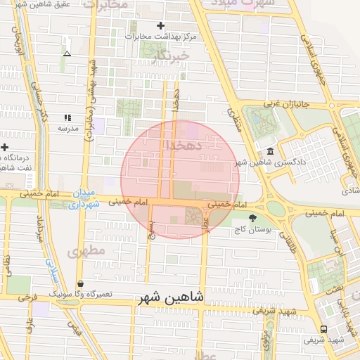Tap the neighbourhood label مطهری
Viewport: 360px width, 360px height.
(x=86, y=250)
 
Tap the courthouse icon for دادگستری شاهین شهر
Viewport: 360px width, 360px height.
(x=271, y=152)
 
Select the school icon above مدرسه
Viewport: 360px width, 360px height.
(x=67, y=117)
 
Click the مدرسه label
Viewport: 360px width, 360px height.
(x=67, y=129)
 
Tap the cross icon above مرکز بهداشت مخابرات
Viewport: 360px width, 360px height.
(x=161, y=25)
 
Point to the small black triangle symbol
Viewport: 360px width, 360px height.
(x=67, y=53)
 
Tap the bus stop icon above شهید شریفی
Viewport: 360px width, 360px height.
(x=323, y=329)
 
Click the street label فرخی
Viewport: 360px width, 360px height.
(x=27, y=297)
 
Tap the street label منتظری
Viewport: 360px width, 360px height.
(x=236, y=120)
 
